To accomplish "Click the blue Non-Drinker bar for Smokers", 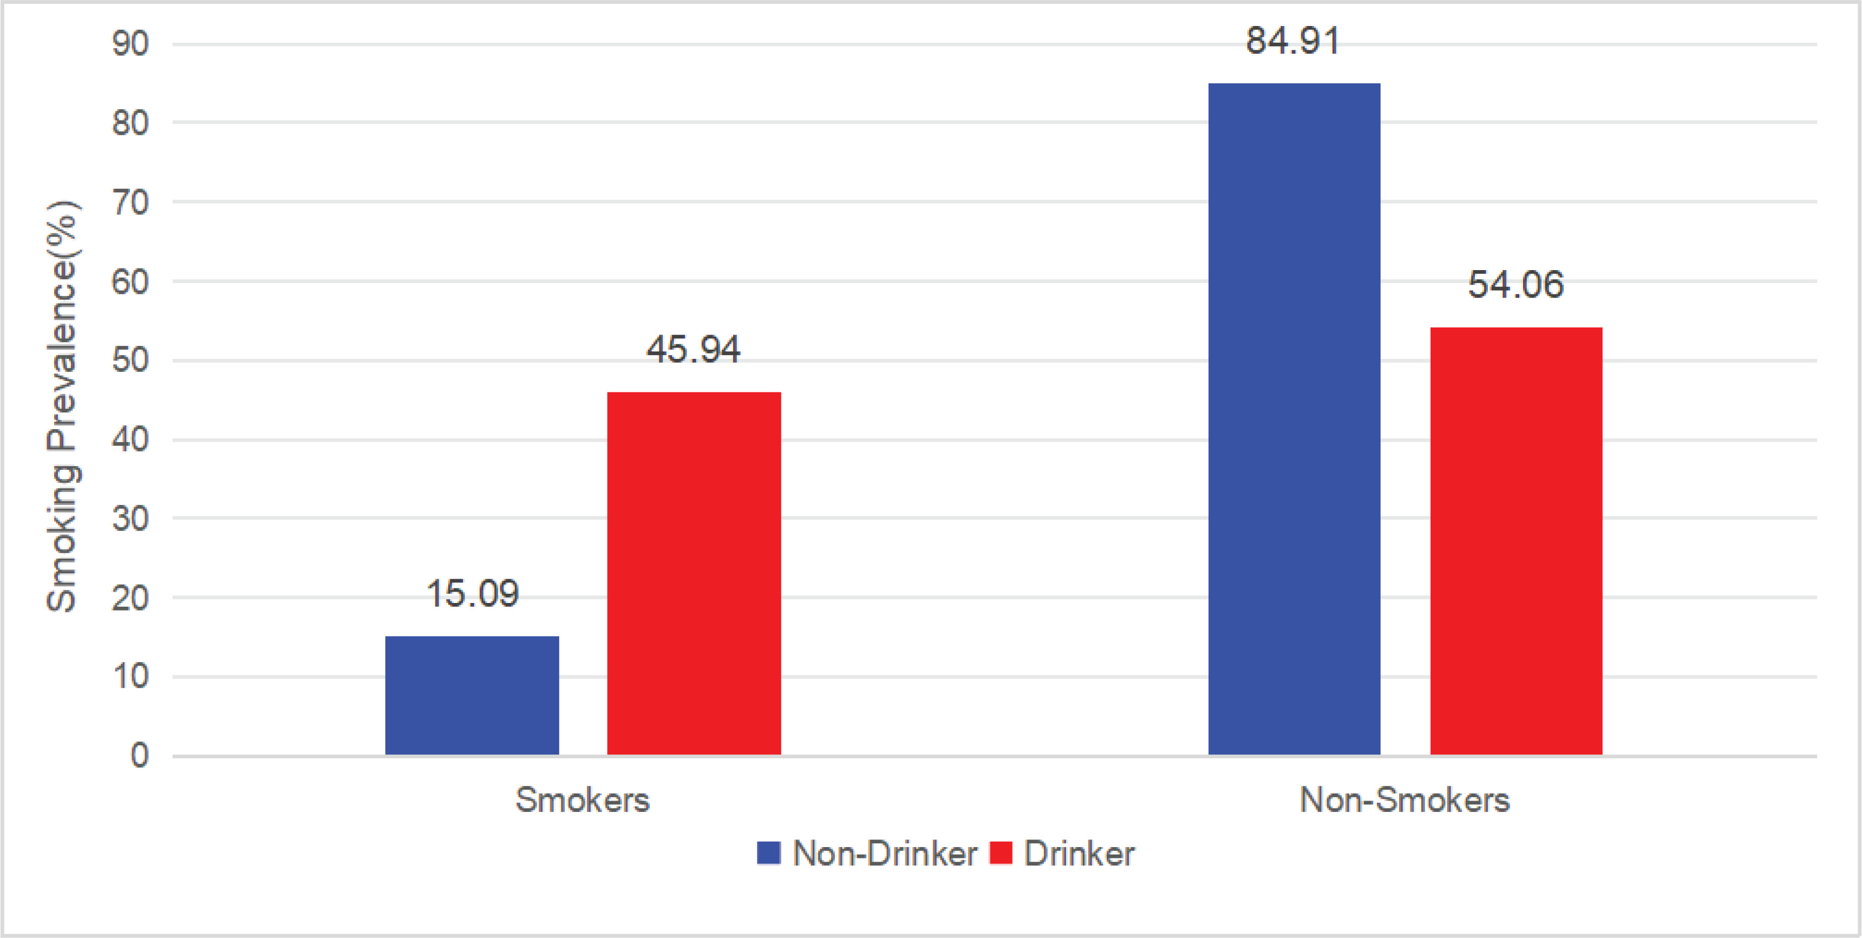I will click(x=472, y=695).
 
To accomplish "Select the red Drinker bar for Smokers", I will click(x=694, y=573).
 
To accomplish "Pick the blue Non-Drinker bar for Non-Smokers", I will click(x=1294, y=419).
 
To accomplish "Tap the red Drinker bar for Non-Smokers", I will click(x=1516, y=541).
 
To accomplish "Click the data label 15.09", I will click(x=473, y=594).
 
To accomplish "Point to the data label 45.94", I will click(x=693, y=350).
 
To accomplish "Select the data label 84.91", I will click(x=1292, y=41).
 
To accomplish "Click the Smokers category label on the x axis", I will click(x=583, y=800).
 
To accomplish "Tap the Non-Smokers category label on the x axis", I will click(x=1404, y=800).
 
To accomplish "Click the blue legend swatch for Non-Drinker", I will click(x=768, y=852).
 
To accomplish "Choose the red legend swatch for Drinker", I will click(x=1001, y=852).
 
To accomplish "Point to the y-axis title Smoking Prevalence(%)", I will click(x=63, y=406).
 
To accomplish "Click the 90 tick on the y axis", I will click(x=130, y=44).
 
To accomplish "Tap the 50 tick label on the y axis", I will click(x=130, y=360).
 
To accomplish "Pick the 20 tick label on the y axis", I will click(x=130, y=598).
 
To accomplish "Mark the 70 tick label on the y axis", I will click(x=130, y=202).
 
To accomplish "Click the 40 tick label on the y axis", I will click(x=130, y=440).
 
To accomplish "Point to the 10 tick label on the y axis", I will click(x=130, y=677).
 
